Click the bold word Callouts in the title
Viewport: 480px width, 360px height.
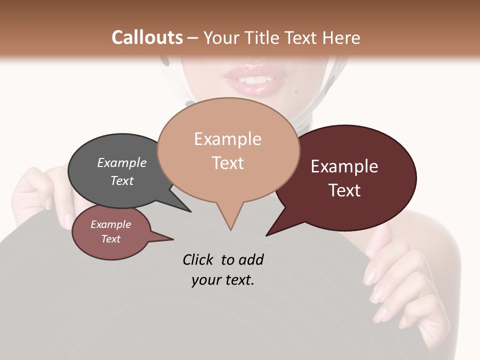click(x=147, y=37)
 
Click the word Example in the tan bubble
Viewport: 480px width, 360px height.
click(x=227, y=139)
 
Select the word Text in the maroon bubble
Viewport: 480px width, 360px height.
click(x=344, y=190)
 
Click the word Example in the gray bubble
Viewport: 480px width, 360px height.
click(x=121, y=162)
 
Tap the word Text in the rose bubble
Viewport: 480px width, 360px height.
click(x=110, y=239)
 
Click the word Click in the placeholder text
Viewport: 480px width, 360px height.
click(x=198, y=260)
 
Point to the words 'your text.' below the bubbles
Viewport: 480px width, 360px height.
click(x=223, y=280)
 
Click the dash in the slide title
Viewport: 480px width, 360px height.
click(x=193, y=38)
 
